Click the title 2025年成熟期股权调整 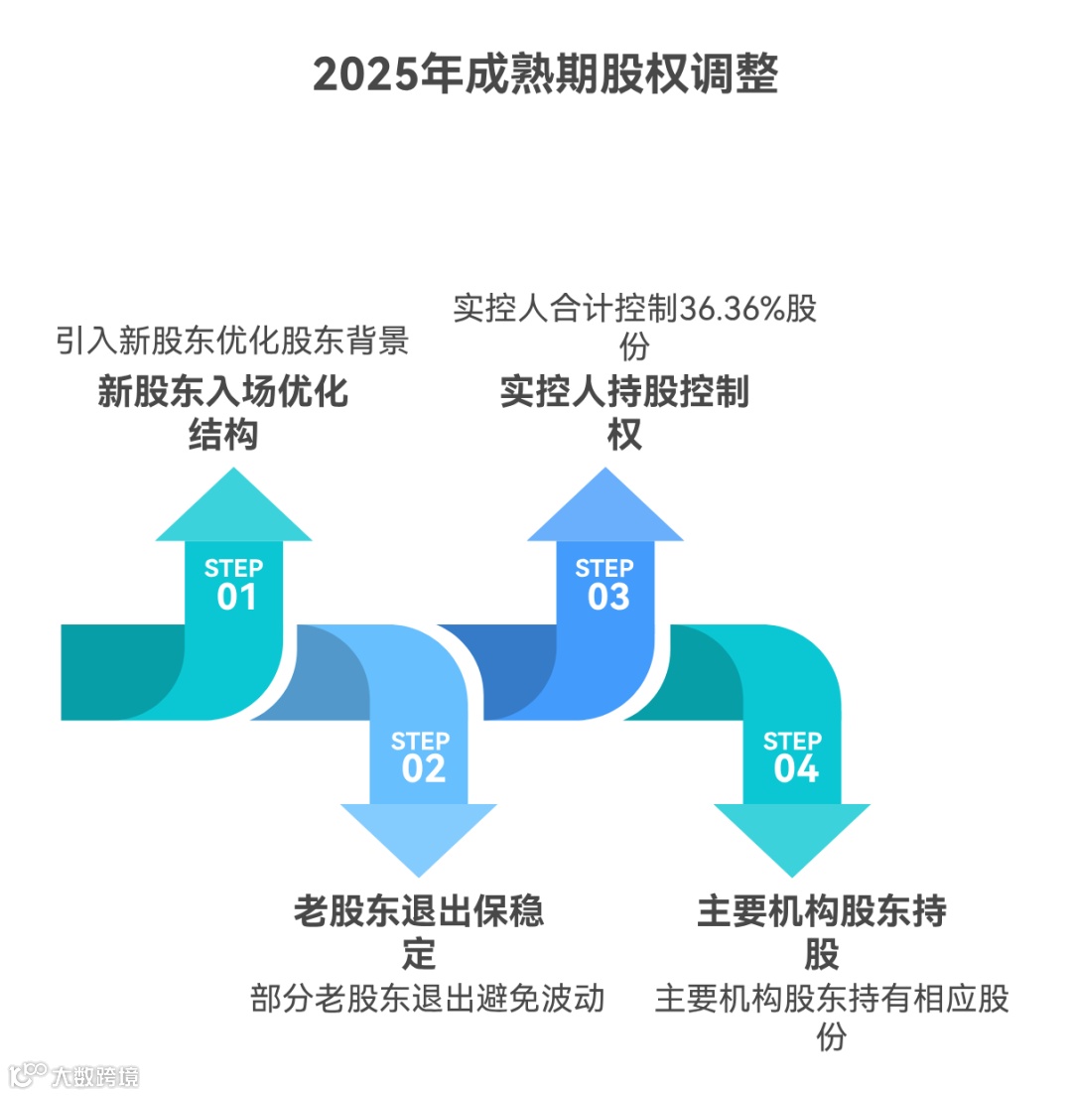[545, 74]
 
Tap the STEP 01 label [234, 584]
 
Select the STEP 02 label [421, 756]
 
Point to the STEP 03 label [605, 584]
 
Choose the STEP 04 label [792, 756]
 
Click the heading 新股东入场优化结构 [223, 413]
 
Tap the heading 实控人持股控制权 [624, 413]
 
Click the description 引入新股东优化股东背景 [232, 342]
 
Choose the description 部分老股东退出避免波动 [428, 998]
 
